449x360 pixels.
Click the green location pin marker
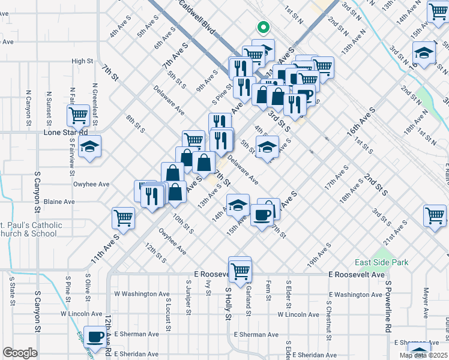(262, 27)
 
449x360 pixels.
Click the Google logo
(20, 353)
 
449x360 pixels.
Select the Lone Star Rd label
(67, 132)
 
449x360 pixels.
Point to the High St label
(82, 61)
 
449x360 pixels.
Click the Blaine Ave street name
(59, 202)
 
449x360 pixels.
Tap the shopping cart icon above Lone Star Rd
(79, 115)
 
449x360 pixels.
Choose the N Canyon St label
(28, 109)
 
